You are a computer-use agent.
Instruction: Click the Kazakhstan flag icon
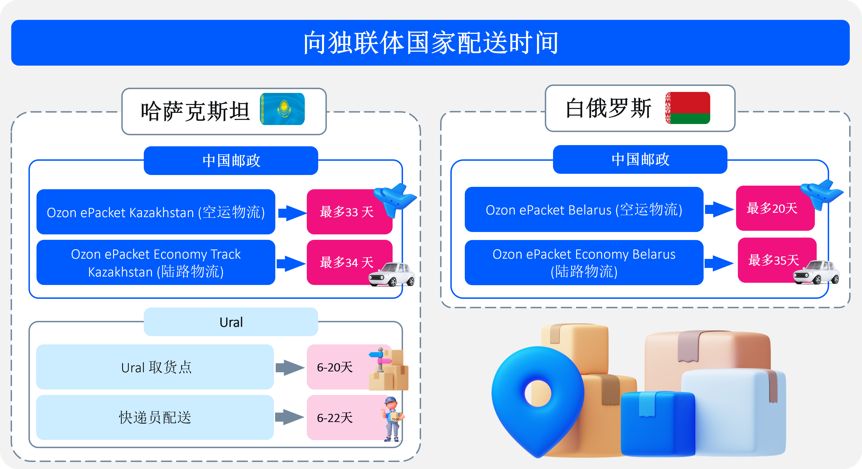[283, 109]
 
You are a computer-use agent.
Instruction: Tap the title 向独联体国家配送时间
[430, 43]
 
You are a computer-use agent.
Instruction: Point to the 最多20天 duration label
[772, 208]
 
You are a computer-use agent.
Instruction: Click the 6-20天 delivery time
[335, 367]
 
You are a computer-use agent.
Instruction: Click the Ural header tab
[231, 322]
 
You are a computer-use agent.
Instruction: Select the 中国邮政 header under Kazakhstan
[231, 161]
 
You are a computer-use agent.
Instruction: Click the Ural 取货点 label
[156, 367]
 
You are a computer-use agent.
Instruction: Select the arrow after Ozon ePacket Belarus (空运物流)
[719, 209]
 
